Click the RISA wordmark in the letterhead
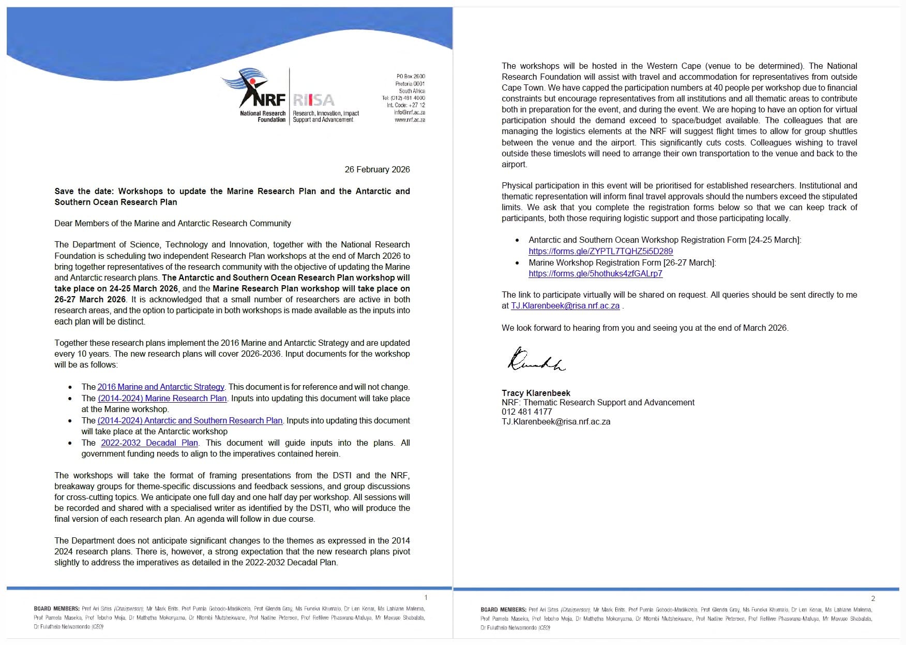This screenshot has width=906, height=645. pyautogui.click(x=313, y=100)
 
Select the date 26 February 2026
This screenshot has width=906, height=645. pyautogui.click(x=377, y=169)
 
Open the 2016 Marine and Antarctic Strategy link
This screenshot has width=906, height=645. pyautogui.click(x=161, y=387)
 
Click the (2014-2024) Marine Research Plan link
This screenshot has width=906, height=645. pyautogui.click(x=162, y=398)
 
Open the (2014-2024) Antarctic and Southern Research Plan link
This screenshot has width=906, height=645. pyautogui.click(x=190, y=420)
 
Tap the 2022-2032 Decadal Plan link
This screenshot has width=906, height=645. pyautogui.click(x=149, y=443)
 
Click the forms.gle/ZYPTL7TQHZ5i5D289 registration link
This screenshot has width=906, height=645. pyautogui.click(x=600, y=251)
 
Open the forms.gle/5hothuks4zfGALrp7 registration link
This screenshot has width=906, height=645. pyautogui.click(x=595, y=273)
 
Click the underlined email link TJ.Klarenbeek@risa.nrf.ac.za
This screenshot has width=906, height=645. pyautogui.click(x=565, y=305)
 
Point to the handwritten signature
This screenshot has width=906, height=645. pyautogui.click(x=536, y=359)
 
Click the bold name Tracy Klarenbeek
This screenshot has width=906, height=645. pyautogui.click(x=536, y=393)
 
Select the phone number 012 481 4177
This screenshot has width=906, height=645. pyautogui.click(x=526, y=412)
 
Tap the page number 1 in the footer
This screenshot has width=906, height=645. pyautogui.click(x=426, y=597)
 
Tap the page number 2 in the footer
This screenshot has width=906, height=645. pyautogui.click(x=873, y=598)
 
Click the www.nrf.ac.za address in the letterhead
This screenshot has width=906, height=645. pyautogui.click(x=410, y=120)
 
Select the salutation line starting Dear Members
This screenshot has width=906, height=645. pyautogui.click(x=173, y=223)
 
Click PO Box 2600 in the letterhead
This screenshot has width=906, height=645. pyautogui.click(x=411, y=76)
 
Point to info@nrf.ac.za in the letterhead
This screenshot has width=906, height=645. pyautogui.click(x=410, y=112)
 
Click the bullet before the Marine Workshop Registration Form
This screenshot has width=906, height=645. pyautogui.click(x=517, y=263)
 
